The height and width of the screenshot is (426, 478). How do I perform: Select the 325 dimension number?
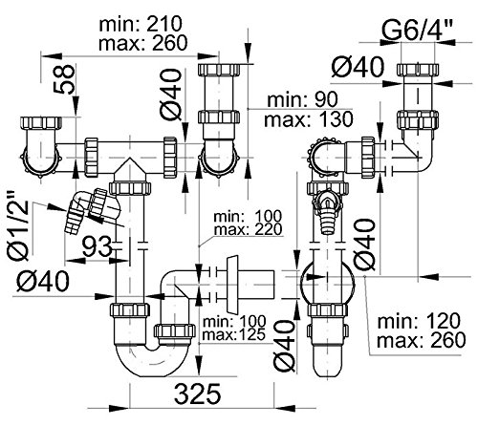(198, 394)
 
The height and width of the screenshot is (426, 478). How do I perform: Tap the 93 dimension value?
(98, 247)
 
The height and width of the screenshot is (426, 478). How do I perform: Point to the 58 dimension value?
(66, 79)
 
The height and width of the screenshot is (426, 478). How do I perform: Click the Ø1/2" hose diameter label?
(18, 226)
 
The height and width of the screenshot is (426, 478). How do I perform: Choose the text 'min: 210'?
(141, 24)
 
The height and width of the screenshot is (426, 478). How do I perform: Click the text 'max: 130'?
(309, 119)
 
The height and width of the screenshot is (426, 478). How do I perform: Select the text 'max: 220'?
(248, 229)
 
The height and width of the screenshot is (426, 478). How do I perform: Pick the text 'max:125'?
(234, 334)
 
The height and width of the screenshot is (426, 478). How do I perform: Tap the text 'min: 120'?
(419, 321)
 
